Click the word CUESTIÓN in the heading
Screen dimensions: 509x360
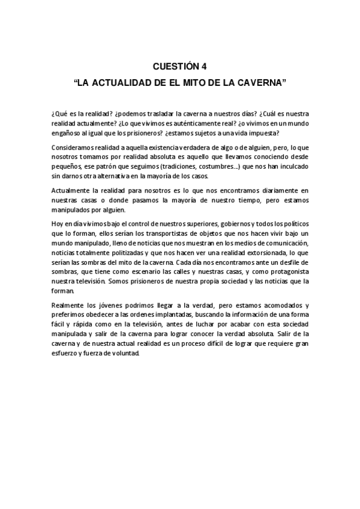point(175,65)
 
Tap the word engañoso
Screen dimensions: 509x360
point(65,133)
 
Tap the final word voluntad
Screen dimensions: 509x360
point(125,354)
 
